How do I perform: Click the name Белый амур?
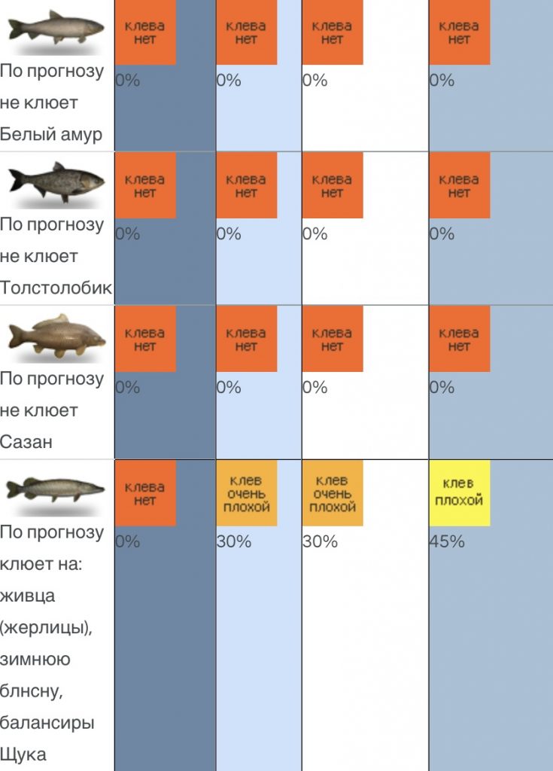[x=51, y=135]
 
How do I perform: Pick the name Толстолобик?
[x=56, y=288]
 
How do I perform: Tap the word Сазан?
[x=26, y=442]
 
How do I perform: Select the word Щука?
[x=24, y=754]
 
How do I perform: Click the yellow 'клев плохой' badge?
[x=459, y=492]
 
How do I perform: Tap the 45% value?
[x=447, y=541]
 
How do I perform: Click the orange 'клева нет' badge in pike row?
[x=144, y=492]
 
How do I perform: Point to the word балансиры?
[x=47, y=722]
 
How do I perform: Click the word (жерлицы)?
[x=46, y=627]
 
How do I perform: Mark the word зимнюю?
[x=35, y=659]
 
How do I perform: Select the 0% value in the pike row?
[x=127, y=541]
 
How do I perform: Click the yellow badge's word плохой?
[x=459, y=500]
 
